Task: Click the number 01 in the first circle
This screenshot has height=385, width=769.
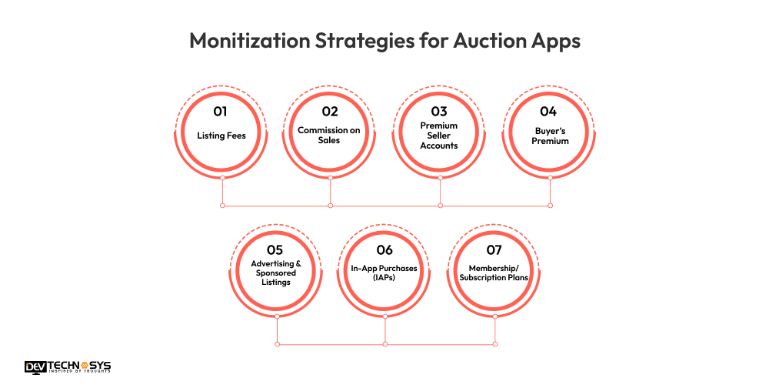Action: point(222,112)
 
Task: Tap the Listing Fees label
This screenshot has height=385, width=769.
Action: point(222,136)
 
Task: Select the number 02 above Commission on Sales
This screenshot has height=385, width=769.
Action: point(330,112)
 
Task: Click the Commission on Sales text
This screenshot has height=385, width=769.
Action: point(329,136)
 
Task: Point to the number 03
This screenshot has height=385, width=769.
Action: point(439,112)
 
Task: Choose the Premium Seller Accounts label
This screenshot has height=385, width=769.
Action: point(439,136)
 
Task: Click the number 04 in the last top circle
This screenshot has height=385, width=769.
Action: point(548,112)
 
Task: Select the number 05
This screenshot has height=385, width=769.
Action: point(275,250)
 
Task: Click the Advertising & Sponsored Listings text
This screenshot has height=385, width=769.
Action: point(275,273)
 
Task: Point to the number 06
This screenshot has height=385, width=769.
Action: point(384,250)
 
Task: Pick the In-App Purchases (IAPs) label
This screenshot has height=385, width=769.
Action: point(384,273)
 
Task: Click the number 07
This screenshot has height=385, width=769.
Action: point(494,250)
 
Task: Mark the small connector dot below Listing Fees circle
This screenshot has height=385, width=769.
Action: point(222,178)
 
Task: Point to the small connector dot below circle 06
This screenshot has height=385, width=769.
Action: point(384,316)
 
